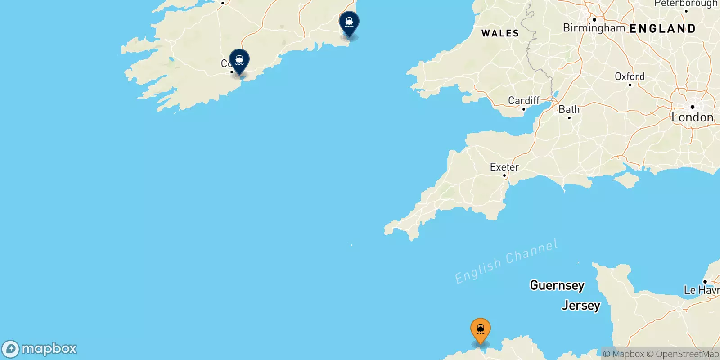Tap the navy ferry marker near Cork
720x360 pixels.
point(239,61)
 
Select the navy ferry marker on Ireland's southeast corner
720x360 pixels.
point(349,23)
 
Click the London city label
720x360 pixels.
point(692,117)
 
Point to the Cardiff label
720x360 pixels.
point(523,100)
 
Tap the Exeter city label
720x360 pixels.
point(504,167)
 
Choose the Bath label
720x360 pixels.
point(569,109)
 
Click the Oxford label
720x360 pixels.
point(630,76)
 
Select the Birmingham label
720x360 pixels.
point(594,28)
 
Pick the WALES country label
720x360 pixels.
point(500,33)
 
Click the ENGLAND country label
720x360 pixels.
point(662,29)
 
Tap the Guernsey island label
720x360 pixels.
point(557,285)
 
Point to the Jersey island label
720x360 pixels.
point(580,306)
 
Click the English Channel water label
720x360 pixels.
point(506,261)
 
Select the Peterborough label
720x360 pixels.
point(685,4)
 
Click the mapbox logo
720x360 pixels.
point(40,349)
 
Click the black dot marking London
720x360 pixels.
point(692,107)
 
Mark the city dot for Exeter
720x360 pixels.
point(504,175)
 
